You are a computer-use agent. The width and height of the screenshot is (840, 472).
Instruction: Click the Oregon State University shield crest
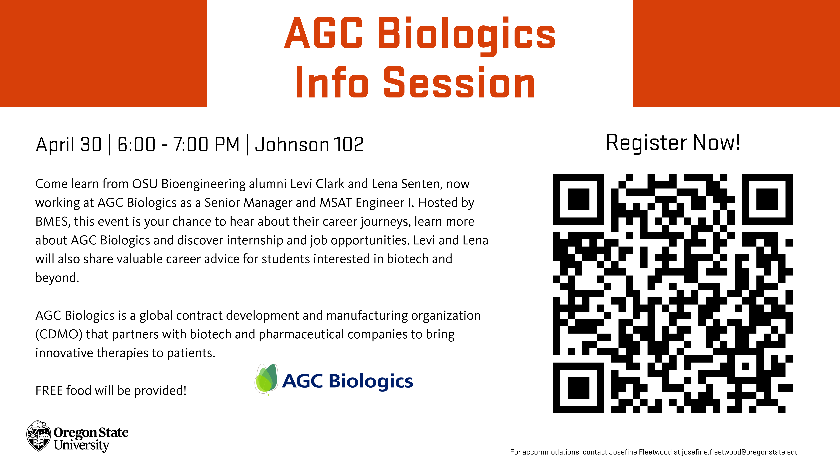tap(39, 436)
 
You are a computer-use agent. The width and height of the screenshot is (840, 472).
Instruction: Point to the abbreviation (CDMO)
tap(59, 334)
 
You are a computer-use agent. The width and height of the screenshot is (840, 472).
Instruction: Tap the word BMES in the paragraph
tap(53, 222)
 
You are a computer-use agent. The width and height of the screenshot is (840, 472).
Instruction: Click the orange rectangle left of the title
tap(103, 53)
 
